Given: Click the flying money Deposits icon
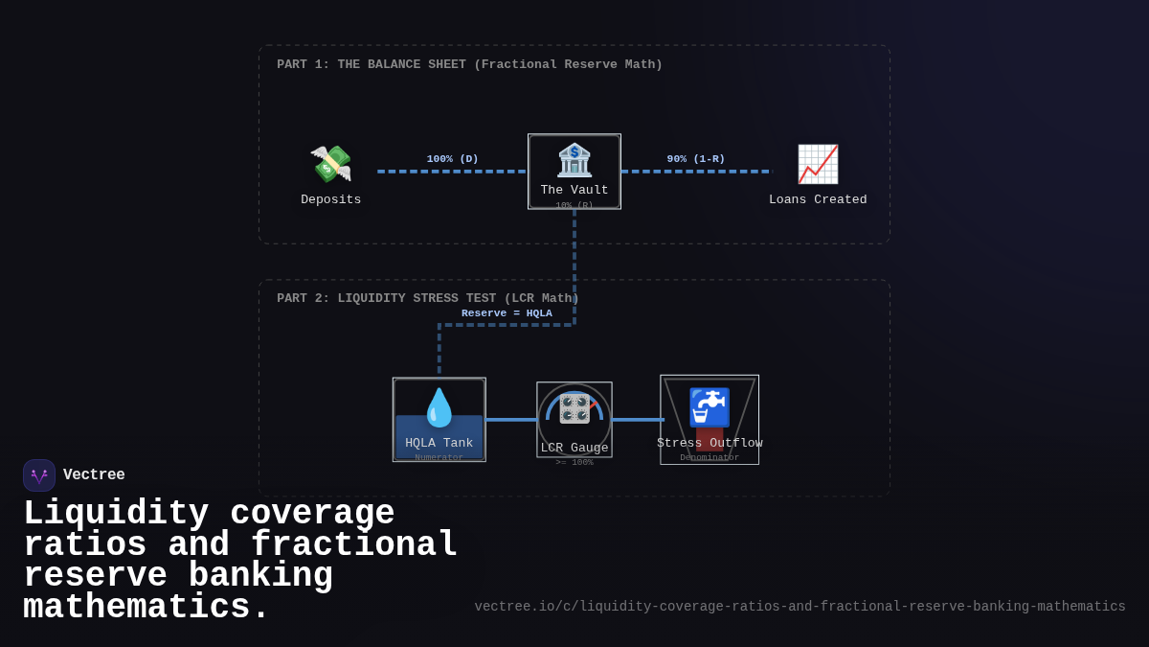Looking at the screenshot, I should (331, 164).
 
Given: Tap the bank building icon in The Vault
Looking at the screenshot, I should (574, 160).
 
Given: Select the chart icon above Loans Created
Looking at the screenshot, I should (818, 164).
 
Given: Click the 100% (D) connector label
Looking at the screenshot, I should (453, 159).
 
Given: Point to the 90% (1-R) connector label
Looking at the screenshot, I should (696, 159).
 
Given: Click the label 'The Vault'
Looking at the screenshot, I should (574, 190).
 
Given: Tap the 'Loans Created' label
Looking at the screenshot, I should (818, 199).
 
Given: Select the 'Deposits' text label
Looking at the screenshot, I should (331, 199).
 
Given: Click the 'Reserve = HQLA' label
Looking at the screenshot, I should (507, 313).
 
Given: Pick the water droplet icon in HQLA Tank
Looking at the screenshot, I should (439, 407).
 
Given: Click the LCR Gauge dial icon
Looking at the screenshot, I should (574, 408).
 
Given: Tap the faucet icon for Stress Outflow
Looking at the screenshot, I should (710, 407).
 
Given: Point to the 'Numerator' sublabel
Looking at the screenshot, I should (439, 458).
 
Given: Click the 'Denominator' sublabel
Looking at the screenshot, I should (710, 458).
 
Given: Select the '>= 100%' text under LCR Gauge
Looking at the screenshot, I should (574, 463).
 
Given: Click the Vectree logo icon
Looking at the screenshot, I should (39, 475).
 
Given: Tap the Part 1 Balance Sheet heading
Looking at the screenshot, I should (469, 65).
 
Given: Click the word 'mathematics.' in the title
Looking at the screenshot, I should (146, 608).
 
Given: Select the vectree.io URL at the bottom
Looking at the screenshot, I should (800, 607).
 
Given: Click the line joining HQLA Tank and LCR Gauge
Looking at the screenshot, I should (511, 420).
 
